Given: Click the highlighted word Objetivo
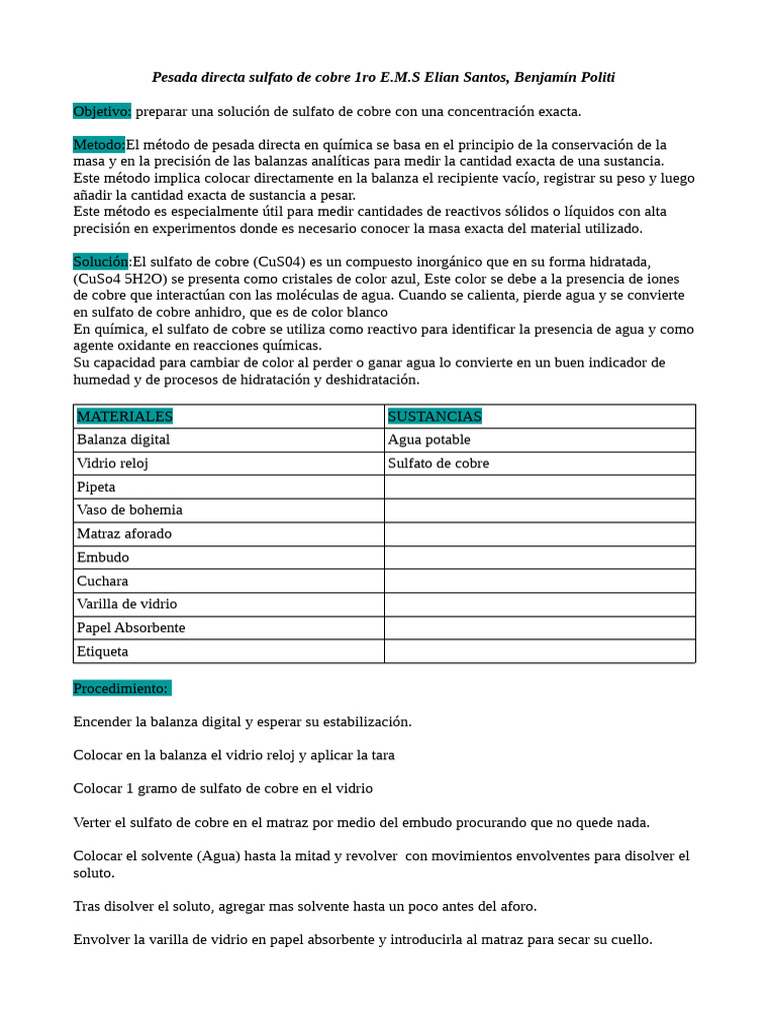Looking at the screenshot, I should point(102,111).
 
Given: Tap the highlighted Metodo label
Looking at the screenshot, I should point(99,144).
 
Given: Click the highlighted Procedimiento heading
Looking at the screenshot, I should point(122,688).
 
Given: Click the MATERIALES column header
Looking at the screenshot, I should point(125,416).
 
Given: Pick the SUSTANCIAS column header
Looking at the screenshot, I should point(435,416).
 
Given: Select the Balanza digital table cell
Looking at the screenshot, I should point(124,440).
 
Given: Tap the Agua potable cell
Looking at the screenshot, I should point(429,440).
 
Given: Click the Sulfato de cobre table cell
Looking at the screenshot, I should point(438,464).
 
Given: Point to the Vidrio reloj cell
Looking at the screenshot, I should point(113,464).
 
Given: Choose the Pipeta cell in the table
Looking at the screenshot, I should point(96,487).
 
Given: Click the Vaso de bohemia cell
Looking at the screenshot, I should point(130,510).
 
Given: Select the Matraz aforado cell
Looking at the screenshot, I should point(124,533).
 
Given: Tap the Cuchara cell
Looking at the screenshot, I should point(102,580).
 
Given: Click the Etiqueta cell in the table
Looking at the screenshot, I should point(102,651).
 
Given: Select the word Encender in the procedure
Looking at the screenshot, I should point(106,721).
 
